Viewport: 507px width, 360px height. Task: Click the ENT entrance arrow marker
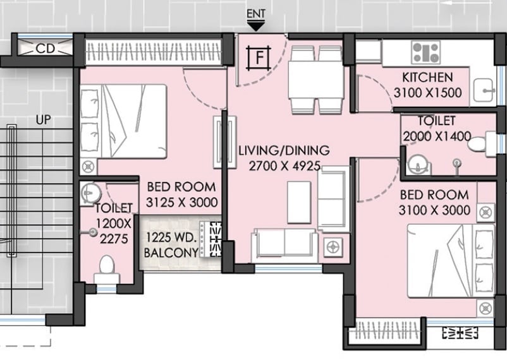[x=256, y=26]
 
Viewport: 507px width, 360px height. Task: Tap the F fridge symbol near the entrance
[x=259, y=58]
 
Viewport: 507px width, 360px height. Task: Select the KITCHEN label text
[x=427, y=78]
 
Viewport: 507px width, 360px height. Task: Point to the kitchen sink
[x=484, y=90]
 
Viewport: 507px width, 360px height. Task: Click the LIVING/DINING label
[x=284, y=151]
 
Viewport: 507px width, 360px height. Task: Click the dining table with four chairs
[x=314, y=80]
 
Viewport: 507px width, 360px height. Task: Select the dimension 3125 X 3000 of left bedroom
[x=181, y=203]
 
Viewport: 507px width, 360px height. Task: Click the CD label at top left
[x=44, y=49]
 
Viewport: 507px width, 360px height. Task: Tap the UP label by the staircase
[x=44, y=119]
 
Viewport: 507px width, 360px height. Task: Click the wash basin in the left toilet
[x=90, y=191]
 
